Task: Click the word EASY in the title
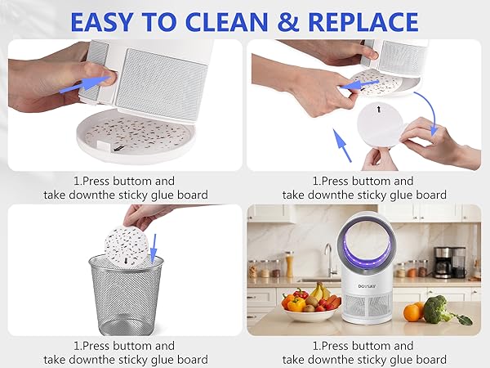[x=101, y=22]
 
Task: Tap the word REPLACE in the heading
[x=363, y=22]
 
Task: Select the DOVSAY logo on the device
[x=367, y=286]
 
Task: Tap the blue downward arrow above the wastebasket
[x=154, y=248]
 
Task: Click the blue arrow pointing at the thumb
[x=85, y=84]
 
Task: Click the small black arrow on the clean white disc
[x=379, y=109]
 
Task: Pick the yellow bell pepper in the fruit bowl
[x=296, y=304]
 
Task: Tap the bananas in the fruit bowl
[x=319, y=291]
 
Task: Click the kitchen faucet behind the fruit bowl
[x=329, y=260]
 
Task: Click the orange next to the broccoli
[x=412, y=312]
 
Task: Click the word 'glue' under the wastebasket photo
[x=163, y=360]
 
